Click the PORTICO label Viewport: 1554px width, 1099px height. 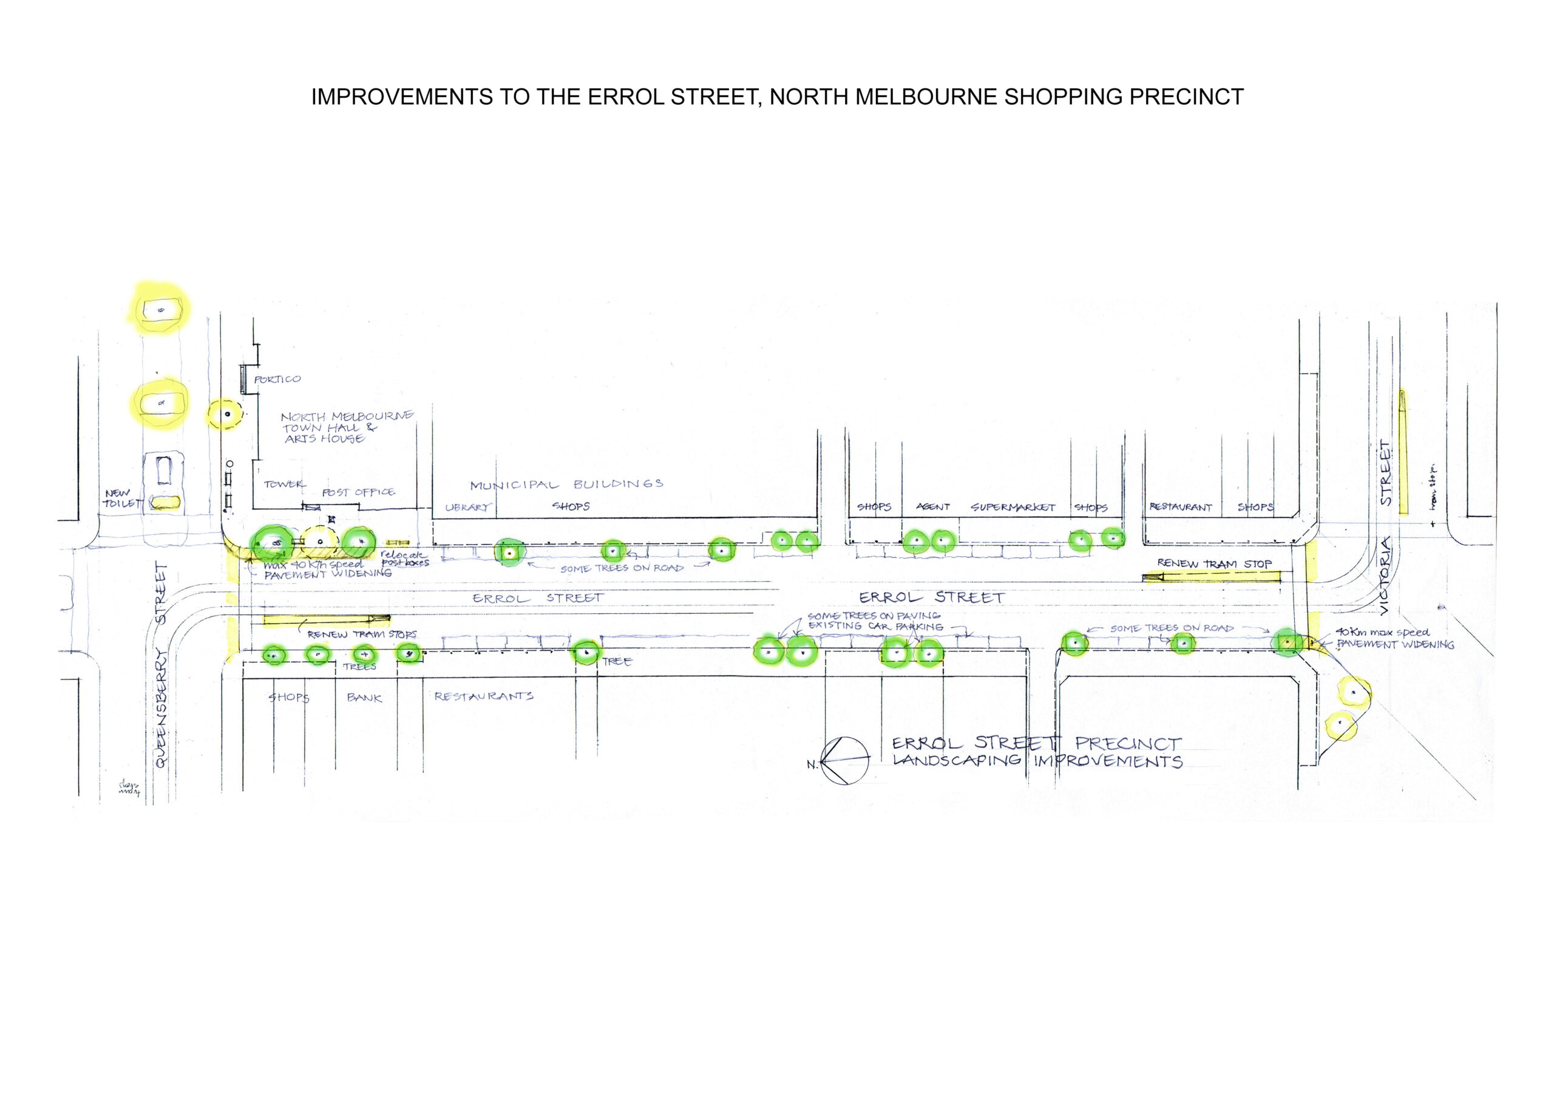(x=277, y=379)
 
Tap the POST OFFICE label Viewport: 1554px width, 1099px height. (x=358, y=492)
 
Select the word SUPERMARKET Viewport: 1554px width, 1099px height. (x=1013, y=507)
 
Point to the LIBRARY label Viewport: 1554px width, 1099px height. (x=467, y=507)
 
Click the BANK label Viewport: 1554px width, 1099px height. (x=364, y=698)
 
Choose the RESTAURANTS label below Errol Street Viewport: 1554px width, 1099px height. (x=483, y=696)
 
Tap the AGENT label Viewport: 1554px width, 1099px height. (x=932, y=506)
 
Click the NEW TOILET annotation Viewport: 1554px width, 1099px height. (x=122, y=498)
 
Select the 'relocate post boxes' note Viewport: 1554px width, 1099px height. (x=404, y=559)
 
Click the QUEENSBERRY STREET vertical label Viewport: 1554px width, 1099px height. (x=161, y=664)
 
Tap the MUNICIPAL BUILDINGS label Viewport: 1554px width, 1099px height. (x=566, y=485)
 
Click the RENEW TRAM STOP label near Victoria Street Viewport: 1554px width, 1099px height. (x=1214, y=563)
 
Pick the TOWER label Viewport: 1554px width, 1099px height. (x=284, y=484)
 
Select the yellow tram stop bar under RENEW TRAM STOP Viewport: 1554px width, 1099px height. (x=1212, y=577)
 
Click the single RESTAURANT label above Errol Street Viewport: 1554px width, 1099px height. (x=1181, y=506)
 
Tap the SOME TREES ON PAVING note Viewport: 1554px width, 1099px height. (x=873, y=616)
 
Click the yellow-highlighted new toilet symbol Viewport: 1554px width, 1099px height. (x=165, y=502)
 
